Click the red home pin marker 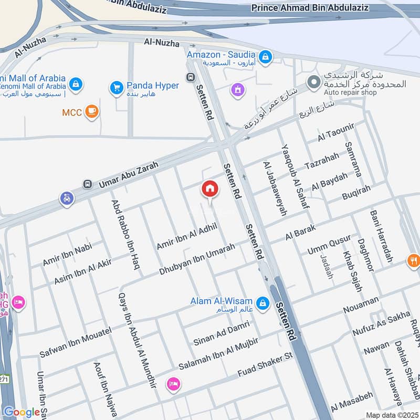tap(209, 188)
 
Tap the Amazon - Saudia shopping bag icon tap(266, 55)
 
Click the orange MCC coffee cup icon tap(92, 112)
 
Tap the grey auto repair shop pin tap(314, 82)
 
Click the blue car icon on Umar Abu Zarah tap(67, 199)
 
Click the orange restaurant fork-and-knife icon tap(414, 259)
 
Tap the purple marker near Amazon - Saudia tap(238, 90)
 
